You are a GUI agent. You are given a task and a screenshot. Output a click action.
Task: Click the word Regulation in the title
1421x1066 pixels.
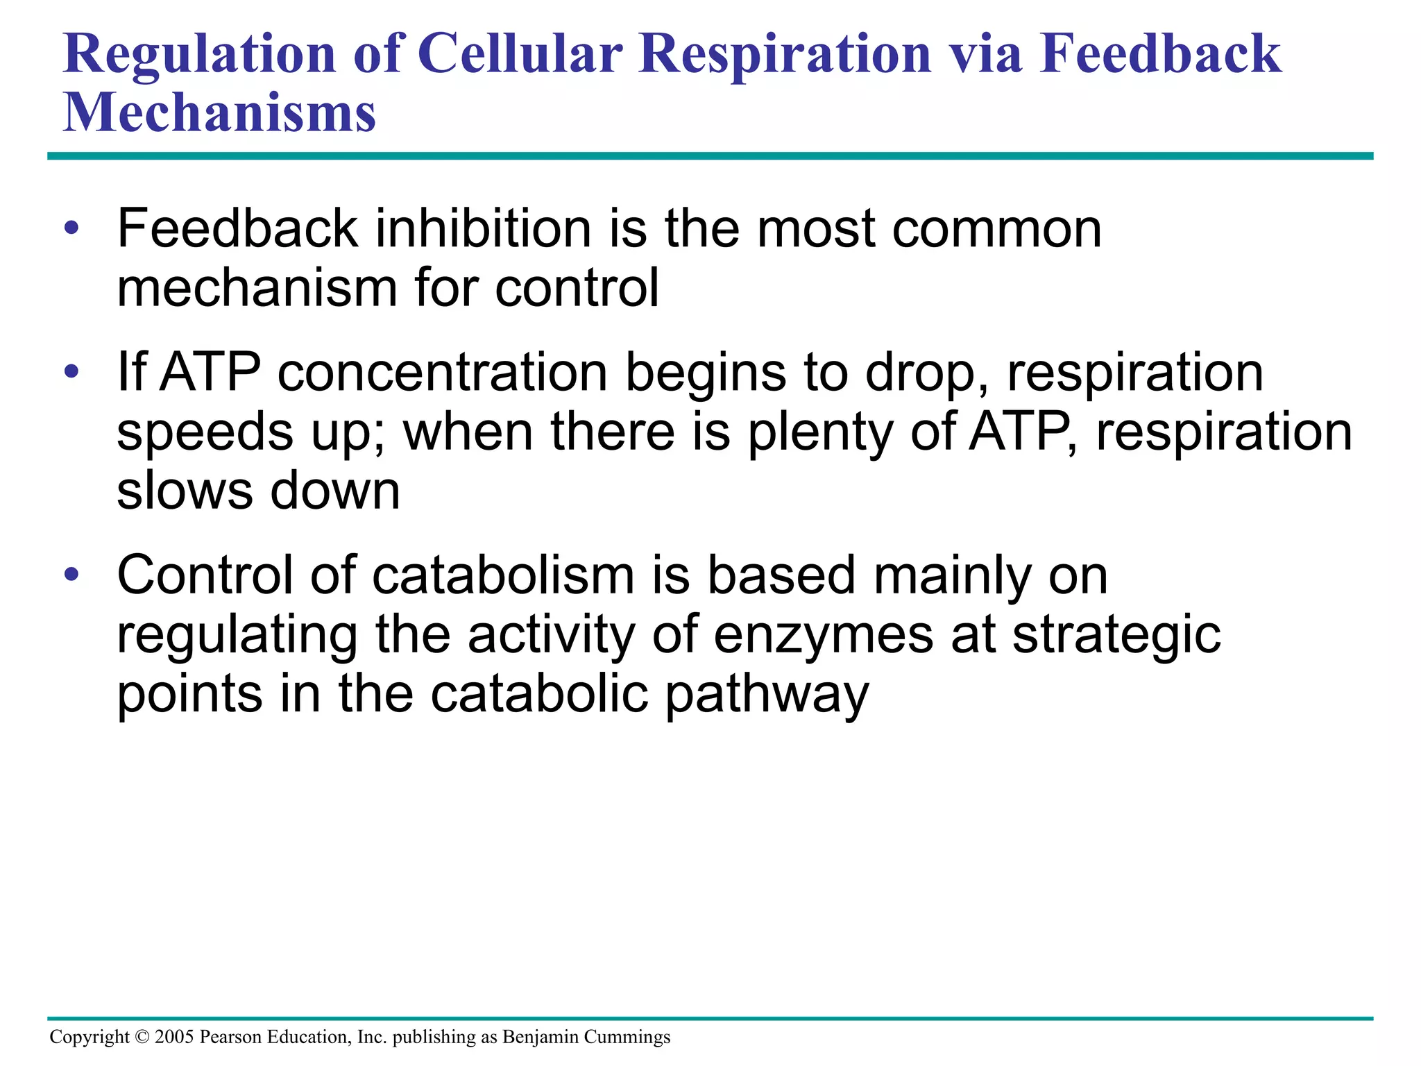coord(199,56)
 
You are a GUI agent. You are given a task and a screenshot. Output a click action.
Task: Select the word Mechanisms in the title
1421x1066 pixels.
coord(219,112)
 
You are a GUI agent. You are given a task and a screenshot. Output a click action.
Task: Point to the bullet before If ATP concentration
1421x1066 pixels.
coord(71,372)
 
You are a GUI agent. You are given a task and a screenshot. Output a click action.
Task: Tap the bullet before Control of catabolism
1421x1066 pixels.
coord(71,575)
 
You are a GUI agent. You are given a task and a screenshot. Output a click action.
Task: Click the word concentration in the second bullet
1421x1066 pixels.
coord(443,373)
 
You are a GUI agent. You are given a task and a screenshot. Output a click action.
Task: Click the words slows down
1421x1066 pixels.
coord(258,491)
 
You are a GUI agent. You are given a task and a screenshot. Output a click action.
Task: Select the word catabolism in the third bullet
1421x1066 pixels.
coord(503,575)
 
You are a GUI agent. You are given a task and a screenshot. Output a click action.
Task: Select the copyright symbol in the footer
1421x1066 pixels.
coord(142,1037)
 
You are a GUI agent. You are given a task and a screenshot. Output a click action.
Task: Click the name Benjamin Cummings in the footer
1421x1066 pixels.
coord(586,1037)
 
